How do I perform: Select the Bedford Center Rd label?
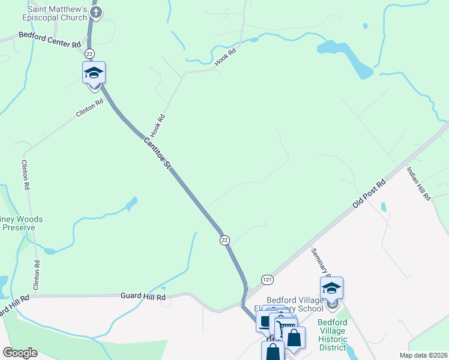click(x=50, y=40)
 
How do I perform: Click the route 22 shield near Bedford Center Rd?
click(x=89, y=54)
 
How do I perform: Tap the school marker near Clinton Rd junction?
click(x=94, y=73)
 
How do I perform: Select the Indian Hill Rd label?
click(x=418, y=184)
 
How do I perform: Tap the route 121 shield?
click(x=268, y=280)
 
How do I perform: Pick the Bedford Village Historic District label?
click(x=332, y=335)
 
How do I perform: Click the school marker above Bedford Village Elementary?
click(x=331, y=289)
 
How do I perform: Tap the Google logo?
click(x=20, y=353)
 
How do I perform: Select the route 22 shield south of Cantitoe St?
click(x=224, y=240)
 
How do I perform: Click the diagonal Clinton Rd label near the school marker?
click(x=89, y=107)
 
